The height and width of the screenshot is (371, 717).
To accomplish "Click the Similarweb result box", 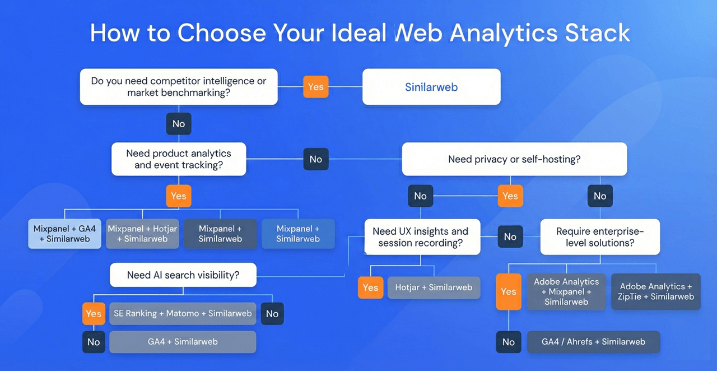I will pos(431,87).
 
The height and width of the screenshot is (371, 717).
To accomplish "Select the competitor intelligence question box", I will pos(179,87).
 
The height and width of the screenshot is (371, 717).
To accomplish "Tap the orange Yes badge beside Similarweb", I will pos(316,87).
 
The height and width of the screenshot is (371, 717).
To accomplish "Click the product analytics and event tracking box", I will pos(179,159).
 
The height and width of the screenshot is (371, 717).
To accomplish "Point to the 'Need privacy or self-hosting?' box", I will pos(514,159).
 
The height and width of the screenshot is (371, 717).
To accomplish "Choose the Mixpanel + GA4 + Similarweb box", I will pos(65,234).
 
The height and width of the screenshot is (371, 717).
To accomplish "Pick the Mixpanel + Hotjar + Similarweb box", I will pos(142,234).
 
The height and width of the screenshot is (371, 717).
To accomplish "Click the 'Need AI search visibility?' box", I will pos(183,275).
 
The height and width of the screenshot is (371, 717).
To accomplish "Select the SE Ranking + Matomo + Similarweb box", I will pos(183,313).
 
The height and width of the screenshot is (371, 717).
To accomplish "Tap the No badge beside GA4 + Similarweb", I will pos(94,342).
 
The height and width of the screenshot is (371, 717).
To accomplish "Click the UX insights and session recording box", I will pos(420,237).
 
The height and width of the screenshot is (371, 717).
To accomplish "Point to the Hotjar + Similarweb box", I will pos(434,287).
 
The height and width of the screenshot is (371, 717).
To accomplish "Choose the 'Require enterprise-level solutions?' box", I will pos(600,237).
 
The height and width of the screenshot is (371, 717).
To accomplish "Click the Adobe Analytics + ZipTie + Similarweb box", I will pos(655,291).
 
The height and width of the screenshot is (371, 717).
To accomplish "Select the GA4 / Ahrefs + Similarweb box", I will pos(593,342).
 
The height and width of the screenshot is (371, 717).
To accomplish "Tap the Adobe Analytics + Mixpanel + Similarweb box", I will pos(566,291).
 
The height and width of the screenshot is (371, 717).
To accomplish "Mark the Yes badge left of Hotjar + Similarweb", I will pos(370,287).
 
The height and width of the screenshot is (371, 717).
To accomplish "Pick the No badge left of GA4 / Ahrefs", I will pos(509,342).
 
